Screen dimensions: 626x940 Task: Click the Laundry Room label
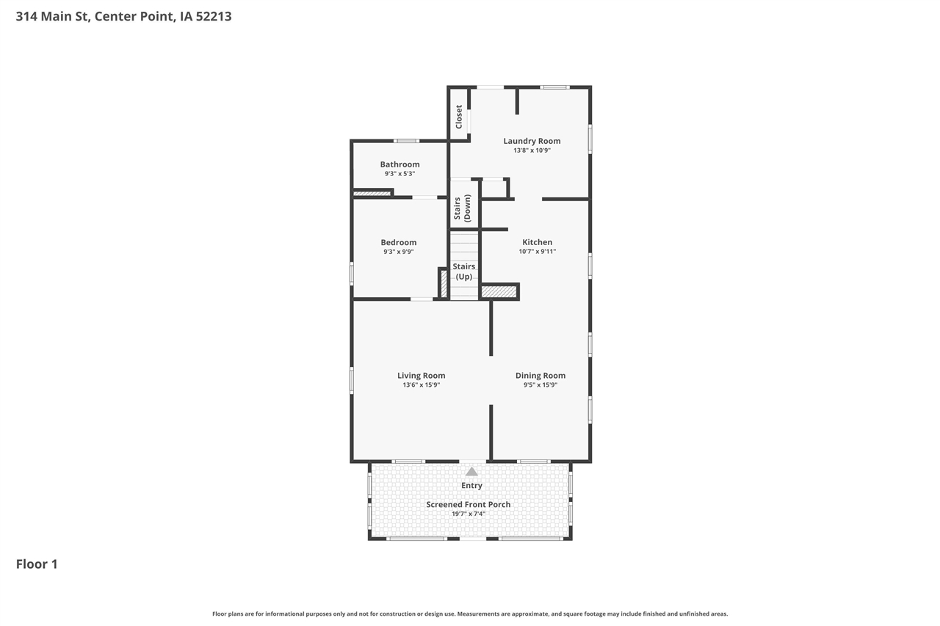click(532, 141)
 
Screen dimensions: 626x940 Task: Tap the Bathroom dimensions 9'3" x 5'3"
click(399, 174)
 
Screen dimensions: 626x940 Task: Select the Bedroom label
click(398, 242)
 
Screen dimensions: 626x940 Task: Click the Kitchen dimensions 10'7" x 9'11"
click(537, 252)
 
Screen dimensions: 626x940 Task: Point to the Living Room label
click(421, 376)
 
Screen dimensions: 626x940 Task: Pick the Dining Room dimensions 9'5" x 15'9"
click(540, 385)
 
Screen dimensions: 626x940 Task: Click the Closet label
click(459, 117)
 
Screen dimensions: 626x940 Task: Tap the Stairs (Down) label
click(462, 208)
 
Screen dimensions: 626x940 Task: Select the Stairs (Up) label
click(463, 272)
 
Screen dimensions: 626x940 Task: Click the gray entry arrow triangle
click(471, 471)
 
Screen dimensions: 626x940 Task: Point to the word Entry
click(471, 485)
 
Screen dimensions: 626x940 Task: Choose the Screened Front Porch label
click(468, 504)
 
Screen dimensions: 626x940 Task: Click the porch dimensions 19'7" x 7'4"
click(468, 514)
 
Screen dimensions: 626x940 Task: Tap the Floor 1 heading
click(37, 564)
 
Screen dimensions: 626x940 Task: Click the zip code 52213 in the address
click(214, 15)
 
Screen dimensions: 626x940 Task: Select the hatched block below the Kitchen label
click(499, 292)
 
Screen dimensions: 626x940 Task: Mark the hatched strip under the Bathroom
click(372, 194)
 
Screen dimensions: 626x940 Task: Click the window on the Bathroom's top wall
click(406, 141)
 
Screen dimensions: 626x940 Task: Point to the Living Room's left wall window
click(352, 380)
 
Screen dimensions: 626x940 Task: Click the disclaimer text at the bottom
click(470, 614)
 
